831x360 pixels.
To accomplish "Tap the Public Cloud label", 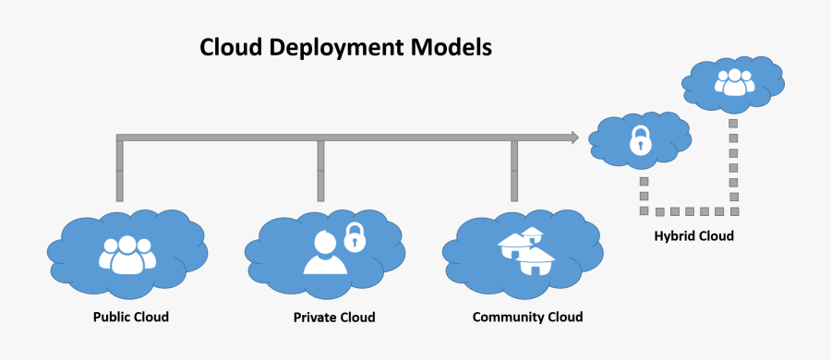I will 131,317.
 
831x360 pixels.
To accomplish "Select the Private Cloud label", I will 334,317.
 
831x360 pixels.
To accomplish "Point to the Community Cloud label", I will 527,317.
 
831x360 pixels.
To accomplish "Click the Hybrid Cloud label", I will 694,236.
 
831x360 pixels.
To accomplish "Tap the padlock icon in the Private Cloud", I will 355,237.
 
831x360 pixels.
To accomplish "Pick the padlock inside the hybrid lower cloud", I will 639,140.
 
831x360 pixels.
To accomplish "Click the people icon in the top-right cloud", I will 734,83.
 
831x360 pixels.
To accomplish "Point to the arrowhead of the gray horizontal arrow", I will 573,138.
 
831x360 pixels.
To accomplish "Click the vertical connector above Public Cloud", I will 119,171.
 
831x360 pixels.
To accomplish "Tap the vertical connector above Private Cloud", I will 320,171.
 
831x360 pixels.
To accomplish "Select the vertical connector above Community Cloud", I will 513,171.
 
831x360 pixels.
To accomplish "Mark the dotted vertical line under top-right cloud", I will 733,162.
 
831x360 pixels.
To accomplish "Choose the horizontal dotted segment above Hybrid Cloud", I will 687,210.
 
